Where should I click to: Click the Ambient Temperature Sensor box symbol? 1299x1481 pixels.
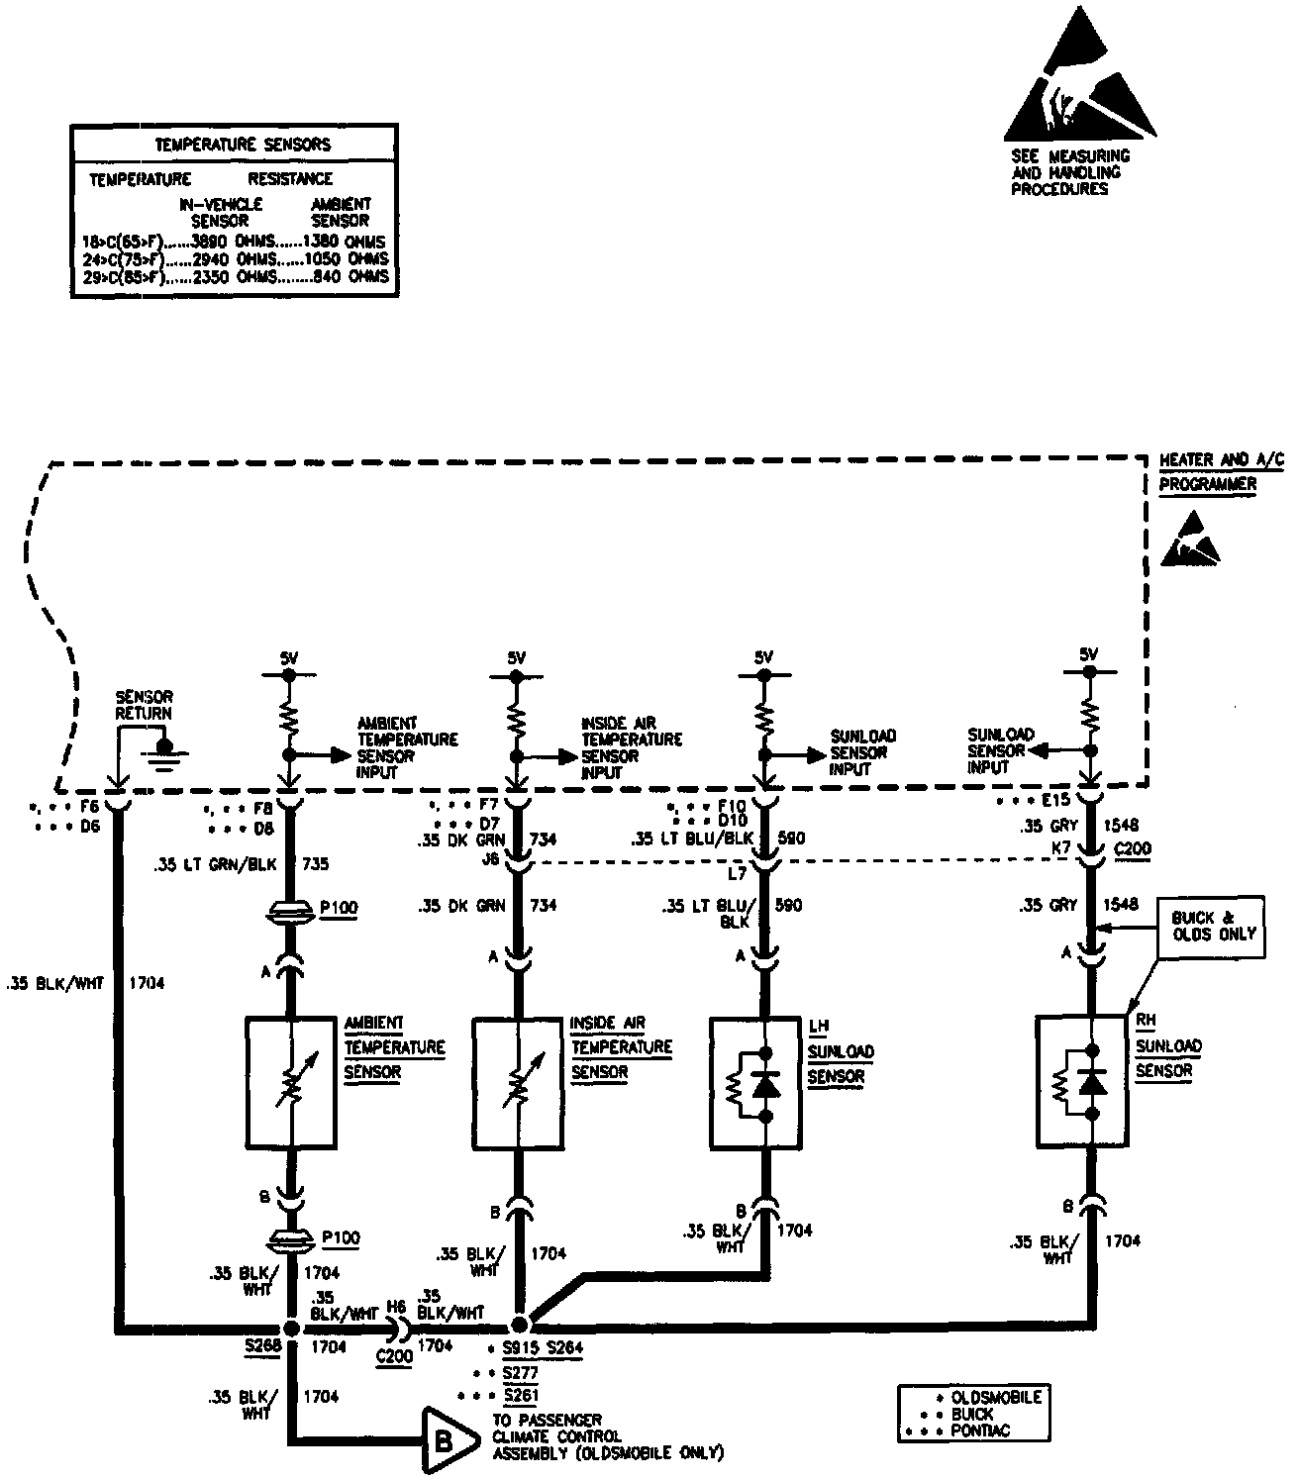[290, 1081]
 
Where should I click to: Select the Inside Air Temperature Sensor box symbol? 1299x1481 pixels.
[517, 1081]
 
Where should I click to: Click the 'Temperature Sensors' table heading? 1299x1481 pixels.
[243, 145]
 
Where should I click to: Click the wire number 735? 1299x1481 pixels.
[315, 864]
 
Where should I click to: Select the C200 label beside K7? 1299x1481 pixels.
[1133, 848]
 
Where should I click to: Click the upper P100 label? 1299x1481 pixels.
[340, 907]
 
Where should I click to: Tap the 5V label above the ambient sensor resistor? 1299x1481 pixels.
[289, 656]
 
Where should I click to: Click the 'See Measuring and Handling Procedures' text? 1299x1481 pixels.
[1069, 172]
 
